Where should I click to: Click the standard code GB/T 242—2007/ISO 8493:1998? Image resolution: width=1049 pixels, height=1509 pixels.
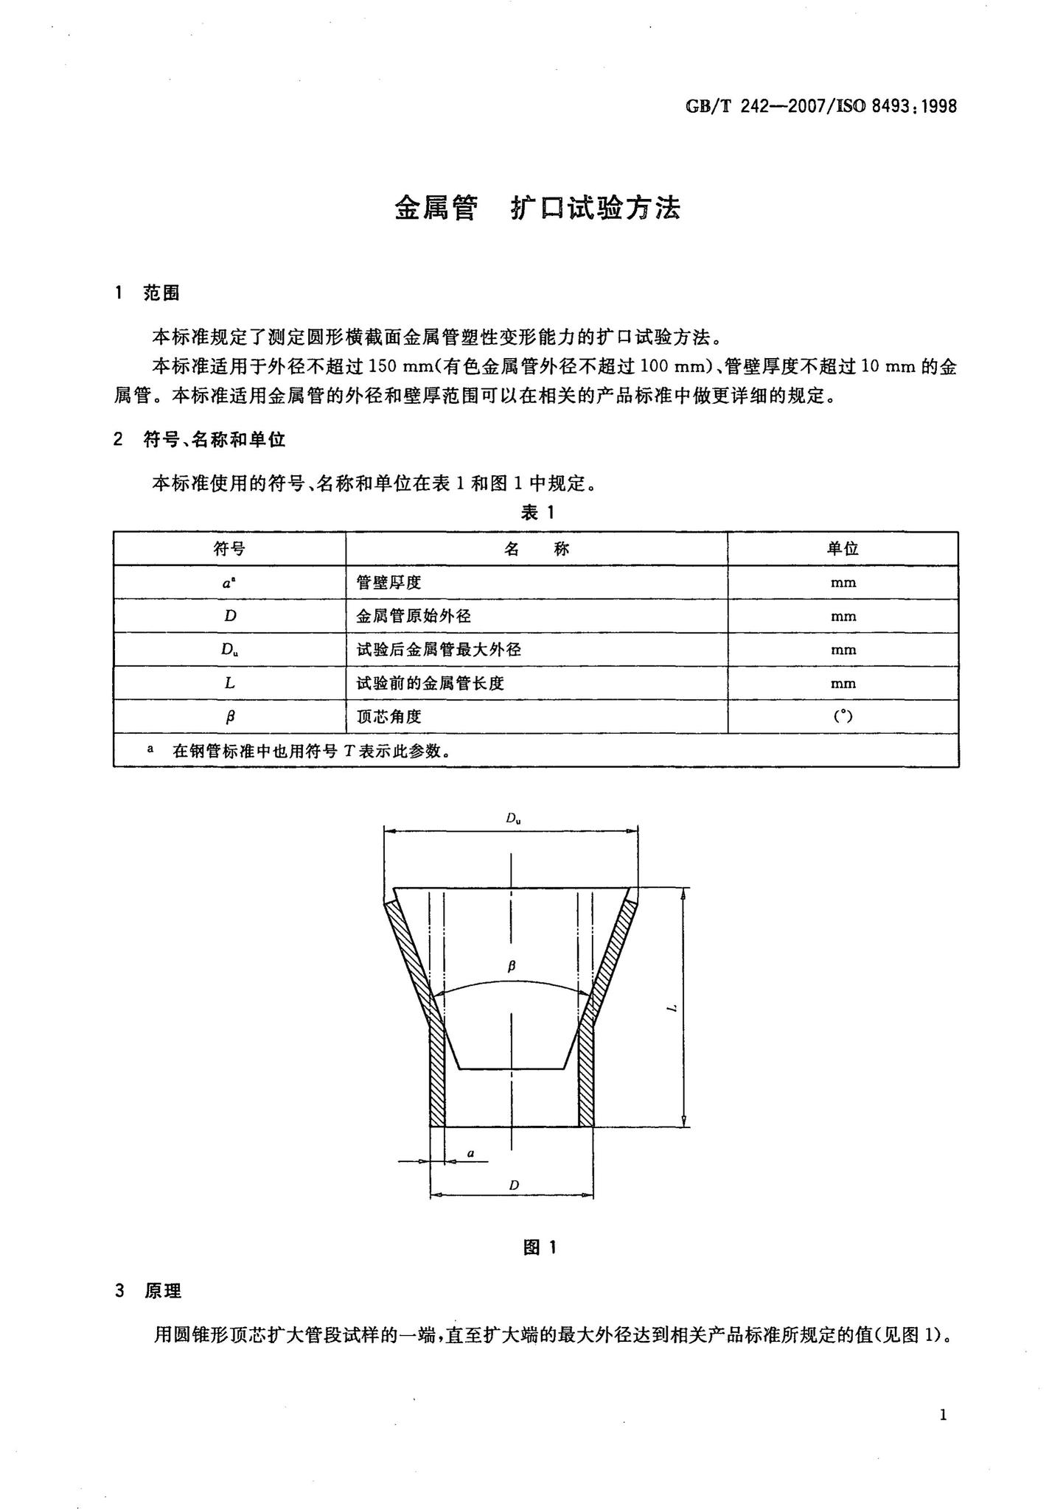pos(821,106)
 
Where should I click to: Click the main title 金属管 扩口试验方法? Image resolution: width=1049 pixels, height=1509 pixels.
pos(537,209)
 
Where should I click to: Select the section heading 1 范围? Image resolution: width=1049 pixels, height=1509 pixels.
pos(147,293)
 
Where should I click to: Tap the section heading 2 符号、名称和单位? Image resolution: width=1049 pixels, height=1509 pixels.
pos(200,440)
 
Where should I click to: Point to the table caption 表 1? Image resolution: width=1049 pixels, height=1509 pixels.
pos(537,513)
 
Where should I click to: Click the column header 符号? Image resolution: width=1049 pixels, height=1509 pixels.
pos(229,548)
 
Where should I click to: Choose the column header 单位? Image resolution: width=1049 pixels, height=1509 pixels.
pos(843,548)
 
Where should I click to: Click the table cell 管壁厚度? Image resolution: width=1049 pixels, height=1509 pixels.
pos(388,582)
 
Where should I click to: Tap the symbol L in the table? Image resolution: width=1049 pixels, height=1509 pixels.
pos(230,683)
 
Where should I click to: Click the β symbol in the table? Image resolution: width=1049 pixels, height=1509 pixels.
pos(230,716)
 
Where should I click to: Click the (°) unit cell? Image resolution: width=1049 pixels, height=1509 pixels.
pos(843,715)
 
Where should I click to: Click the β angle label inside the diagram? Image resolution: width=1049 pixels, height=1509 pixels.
pos(512,965)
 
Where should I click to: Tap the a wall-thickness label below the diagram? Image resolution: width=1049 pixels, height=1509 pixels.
pos(470,1152)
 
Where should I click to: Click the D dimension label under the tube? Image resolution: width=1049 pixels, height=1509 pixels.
pos(514,1185)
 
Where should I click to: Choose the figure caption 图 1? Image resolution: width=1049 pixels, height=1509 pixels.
pos(540,1247)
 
